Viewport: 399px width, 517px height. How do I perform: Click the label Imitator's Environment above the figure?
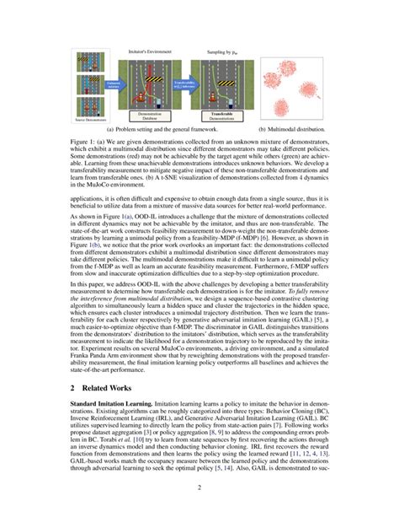(145, 52)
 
